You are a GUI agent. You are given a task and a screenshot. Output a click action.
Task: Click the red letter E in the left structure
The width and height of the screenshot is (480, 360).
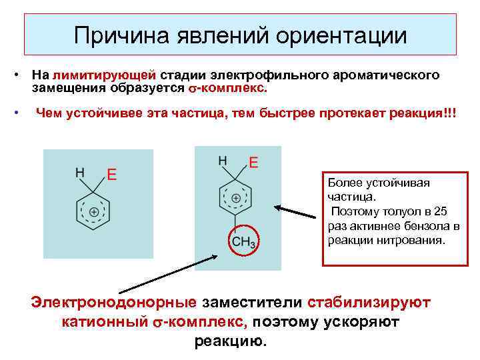point(113,174)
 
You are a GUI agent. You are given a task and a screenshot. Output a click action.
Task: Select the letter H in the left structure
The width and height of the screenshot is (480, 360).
point(79,172)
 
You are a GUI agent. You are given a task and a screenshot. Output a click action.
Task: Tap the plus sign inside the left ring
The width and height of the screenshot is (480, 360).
point(95,212)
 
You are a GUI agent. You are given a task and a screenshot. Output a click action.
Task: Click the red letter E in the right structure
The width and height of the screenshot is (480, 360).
point(253,162)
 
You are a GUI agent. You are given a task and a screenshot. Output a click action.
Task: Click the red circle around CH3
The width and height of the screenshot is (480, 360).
point(244,241)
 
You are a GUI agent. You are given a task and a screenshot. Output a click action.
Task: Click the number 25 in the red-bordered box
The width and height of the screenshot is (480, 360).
point(440,211)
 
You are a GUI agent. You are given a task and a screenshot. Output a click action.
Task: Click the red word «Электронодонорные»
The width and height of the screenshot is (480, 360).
point(114,303)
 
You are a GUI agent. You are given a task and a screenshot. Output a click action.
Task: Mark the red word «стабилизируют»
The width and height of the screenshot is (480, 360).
point(369,303)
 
